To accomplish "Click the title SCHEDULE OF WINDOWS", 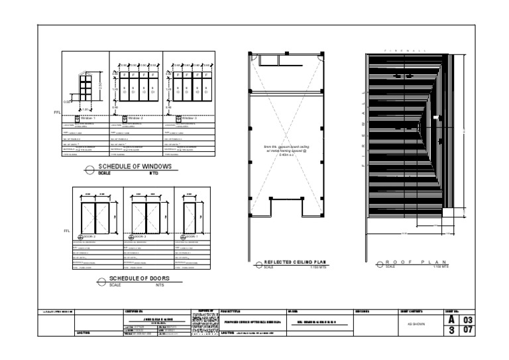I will coord(135,166).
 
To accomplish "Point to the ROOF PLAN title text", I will coord(412,263).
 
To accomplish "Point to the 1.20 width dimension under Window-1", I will coord(84,109).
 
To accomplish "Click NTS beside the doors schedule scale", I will coord(159,285).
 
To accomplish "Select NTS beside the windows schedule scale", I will coord(154,172).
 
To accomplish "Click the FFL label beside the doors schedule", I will coord(66,231).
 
